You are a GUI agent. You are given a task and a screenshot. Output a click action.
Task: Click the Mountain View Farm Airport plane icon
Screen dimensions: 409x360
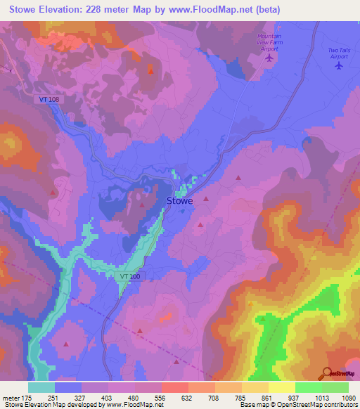coord(269,58)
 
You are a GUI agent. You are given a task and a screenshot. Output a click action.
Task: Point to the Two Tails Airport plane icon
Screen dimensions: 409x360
coord(338,67)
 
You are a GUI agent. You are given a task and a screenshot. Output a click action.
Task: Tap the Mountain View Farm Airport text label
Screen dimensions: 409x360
coord(269,42)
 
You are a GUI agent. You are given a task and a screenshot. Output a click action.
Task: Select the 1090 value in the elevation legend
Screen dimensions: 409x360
coord(349,397)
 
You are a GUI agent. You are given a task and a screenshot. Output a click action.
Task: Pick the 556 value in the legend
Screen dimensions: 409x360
coord(161,397)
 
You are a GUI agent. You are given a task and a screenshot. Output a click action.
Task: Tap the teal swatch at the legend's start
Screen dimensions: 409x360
coord(41,387)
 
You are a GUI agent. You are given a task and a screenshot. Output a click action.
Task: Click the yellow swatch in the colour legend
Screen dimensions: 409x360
coord(282,387)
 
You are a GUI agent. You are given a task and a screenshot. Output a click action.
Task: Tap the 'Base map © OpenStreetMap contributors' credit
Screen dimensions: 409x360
coord(296,405)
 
